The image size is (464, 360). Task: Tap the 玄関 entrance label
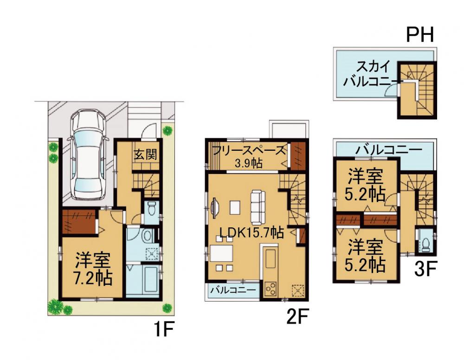tap(145, 154)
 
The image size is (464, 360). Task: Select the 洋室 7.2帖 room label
tap(93, 269)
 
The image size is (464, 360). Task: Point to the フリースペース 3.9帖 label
tap(249, 157)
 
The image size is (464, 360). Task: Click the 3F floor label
tap(425, 269)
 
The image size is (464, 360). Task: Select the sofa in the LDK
tap(258, 207)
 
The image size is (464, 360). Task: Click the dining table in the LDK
tap(222, 253)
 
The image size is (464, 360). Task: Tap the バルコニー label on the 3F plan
tap(388, 150)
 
